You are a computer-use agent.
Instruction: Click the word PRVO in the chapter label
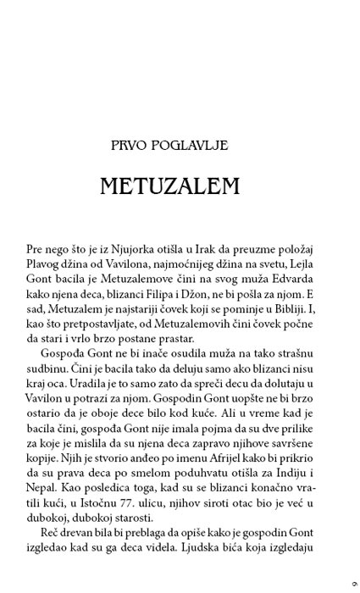[153, 146]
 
